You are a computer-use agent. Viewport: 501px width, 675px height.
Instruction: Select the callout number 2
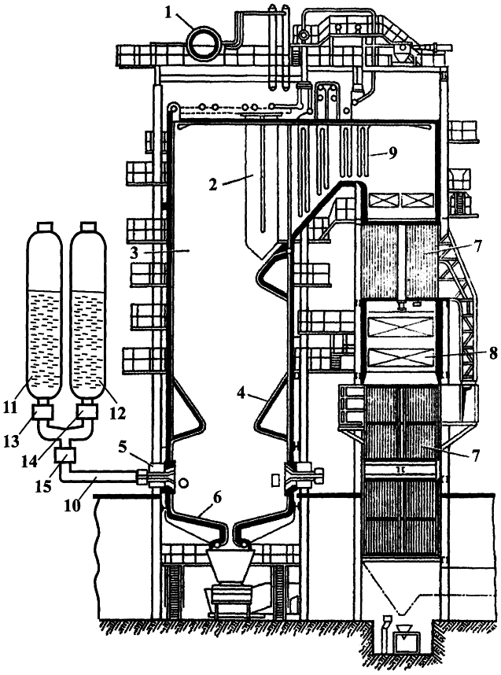click(x=212, y=185)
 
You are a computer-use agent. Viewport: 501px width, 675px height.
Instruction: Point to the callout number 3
click(x=134, y=253)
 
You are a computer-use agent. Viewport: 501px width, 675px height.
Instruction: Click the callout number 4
click(x=242, y=392)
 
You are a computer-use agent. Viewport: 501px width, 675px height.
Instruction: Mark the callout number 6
click(x=216, y=498)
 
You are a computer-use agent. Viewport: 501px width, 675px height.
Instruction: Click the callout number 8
click(x=492, y=353)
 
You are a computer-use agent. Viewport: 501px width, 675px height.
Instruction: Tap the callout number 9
click(x=392, y=153)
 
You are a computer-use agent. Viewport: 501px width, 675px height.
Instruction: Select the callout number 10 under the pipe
click(x=72, y=505)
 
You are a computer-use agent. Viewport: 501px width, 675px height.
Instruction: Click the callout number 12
click(x=117, y=414)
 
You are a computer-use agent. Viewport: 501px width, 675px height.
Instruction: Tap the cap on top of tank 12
click(x=88, y=227)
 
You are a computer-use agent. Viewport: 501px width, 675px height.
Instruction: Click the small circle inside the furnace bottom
click(x=184, y=483)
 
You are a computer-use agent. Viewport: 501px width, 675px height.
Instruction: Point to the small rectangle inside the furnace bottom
click(x=274, y=481)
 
